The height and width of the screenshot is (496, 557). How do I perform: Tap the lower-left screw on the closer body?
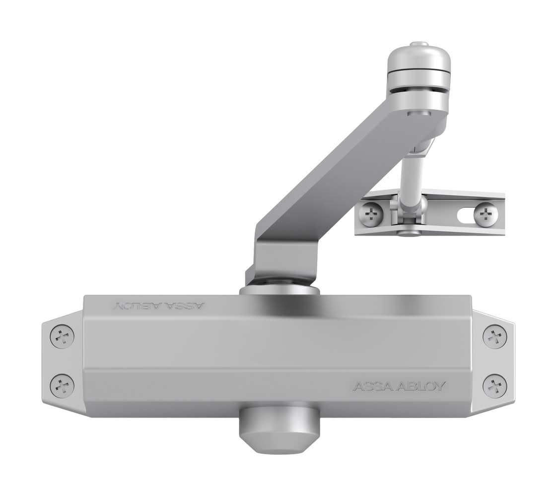63,385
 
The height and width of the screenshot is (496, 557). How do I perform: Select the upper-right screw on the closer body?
495,336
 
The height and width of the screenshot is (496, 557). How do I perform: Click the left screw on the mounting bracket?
371,214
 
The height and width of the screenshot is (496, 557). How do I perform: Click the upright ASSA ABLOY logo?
399,386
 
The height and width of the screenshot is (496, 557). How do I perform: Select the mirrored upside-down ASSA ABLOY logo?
159,306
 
